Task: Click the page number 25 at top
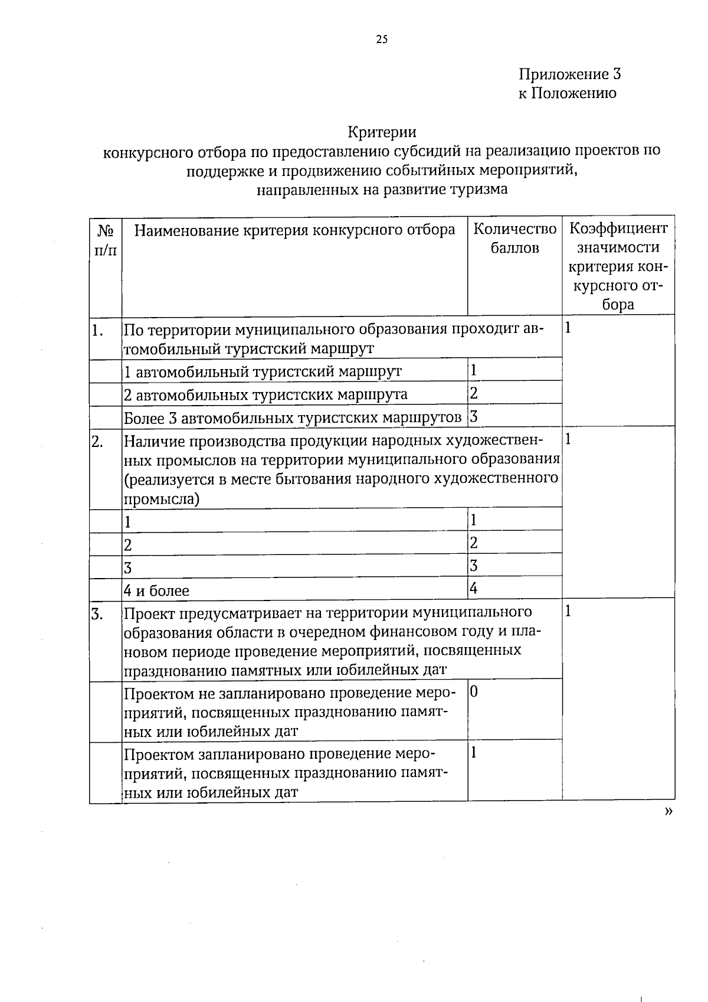coord(382,40)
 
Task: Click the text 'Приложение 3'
coord(569,74)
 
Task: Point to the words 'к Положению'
coord(567,93)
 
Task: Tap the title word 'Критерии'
coord(382,132)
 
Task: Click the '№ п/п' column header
coord(105,239)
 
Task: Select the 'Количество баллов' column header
coord(514,238)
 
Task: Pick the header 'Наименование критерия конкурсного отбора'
coord(294,230)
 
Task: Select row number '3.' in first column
coord(98,615)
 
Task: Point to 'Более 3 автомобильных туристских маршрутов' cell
coord(293,418)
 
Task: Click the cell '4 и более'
coord(156,590)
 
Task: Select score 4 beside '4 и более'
coord(473,588)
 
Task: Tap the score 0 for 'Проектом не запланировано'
coord(474,691)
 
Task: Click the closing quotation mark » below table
coord(668,812)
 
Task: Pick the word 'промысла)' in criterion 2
coord(161,499)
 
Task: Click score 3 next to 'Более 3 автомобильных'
coord(473,417)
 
